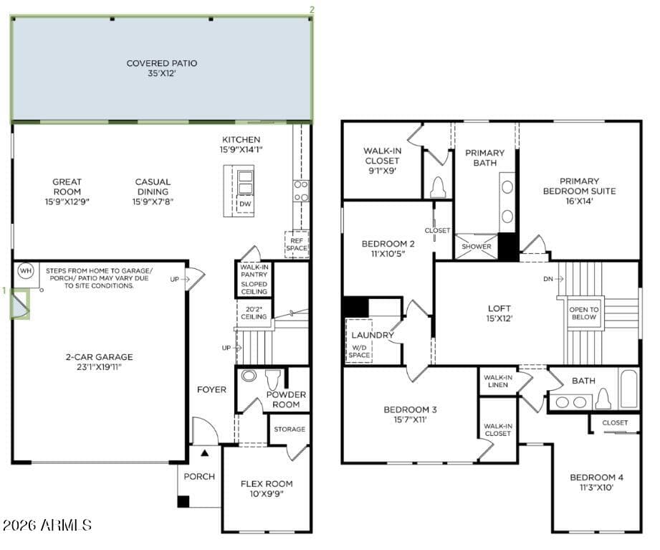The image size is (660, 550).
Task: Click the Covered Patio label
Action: coord(162,63)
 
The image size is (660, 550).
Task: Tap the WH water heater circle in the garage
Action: coord(26,271)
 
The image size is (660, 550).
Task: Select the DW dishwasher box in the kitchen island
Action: coord(245,204)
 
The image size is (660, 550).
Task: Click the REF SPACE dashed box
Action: coord(297,245)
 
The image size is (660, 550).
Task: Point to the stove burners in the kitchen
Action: coord(301,191)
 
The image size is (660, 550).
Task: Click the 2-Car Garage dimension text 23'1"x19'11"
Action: coord(99,367)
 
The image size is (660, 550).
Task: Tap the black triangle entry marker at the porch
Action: coord(204,453)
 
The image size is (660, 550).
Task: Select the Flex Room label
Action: coord(267,484)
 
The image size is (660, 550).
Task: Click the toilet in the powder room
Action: coord(273,380)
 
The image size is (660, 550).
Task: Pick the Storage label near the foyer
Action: coord(290,429)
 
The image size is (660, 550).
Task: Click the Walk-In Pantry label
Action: coord(254,271)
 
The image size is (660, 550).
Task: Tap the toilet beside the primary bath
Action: coord(438,187)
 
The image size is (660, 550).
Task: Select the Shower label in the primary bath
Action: coord(476,247)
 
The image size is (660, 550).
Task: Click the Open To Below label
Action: coord(584,313)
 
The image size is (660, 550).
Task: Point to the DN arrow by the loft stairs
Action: coord(554,279)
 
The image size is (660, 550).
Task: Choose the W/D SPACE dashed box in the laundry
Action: coord(359,341)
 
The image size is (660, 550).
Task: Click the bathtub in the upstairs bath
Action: coord(629,389)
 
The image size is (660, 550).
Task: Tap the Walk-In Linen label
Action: coord(498,381)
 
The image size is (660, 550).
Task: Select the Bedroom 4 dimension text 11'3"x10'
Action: coord(596,488)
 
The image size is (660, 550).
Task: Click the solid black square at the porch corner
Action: coord(183,501)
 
